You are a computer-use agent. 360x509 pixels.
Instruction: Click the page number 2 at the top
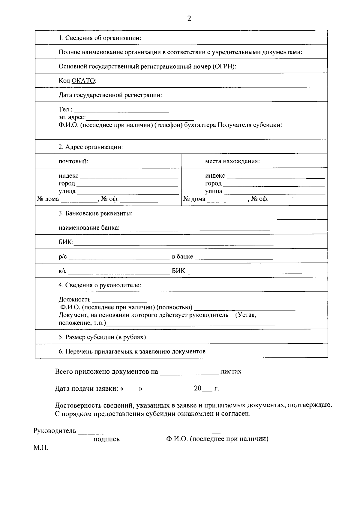tap(189, 19)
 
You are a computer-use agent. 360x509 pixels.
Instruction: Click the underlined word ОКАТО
tap(83, 81)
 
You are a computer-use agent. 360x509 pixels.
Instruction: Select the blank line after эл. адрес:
tap(140, 119)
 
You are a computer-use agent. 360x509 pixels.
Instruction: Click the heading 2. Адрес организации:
tap(91, 147)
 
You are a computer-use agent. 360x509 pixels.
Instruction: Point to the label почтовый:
tap(73, 161)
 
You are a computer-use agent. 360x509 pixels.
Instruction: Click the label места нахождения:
tap(232, 161)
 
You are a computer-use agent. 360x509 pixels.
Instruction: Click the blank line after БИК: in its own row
tap(173, 244)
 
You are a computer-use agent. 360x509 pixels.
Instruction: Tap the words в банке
tap(182, 257)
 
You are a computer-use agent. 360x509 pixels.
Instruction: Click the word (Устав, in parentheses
tap(246, 315)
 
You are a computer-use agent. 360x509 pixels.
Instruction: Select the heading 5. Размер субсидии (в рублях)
tap(102, 337)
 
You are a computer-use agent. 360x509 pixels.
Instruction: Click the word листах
tap(231, 372)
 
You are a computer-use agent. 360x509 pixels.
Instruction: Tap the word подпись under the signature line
tap(106, 439)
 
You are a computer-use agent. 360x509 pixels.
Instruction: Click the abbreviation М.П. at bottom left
tap(41, 448)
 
